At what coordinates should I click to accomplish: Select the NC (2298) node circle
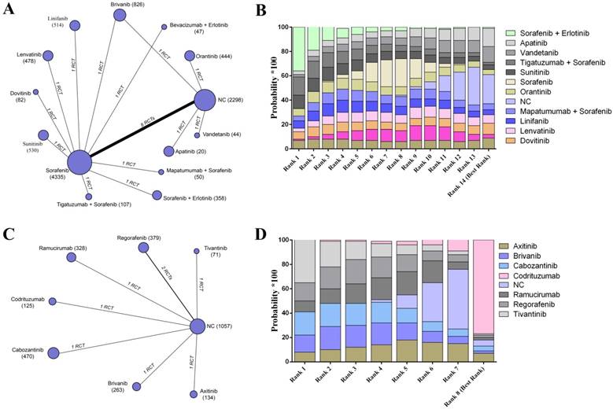tap(205, 100)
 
